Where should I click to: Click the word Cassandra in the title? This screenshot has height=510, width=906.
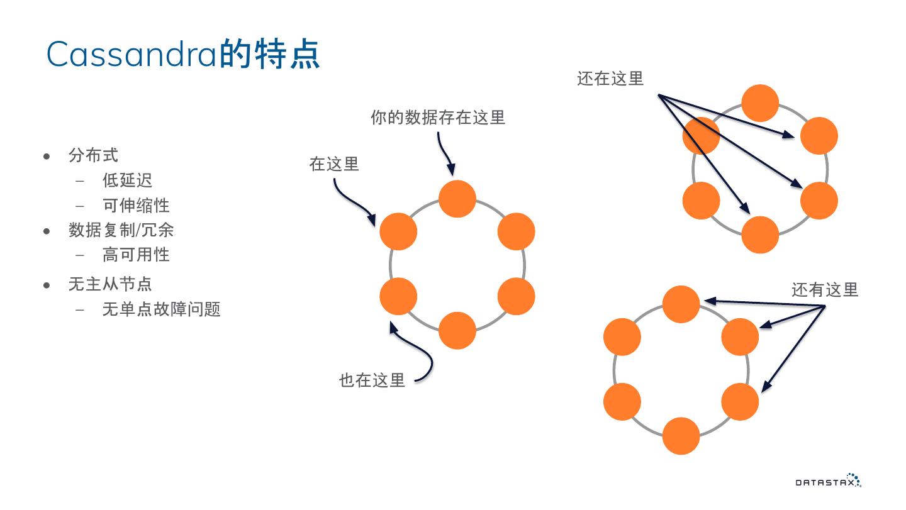tap(132, 54)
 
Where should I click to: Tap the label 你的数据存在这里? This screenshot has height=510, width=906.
tap(438, 118)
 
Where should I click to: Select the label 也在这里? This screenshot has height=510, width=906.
tap(372, 380)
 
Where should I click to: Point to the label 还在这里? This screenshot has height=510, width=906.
tap(610, 79)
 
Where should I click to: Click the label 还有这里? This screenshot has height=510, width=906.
tap(824, 290)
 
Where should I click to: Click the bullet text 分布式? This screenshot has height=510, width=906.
tap(93, 155)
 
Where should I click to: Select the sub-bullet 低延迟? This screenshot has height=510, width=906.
tap(127, 180)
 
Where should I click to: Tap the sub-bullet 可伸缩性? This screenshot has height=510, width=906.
tap(136, 206)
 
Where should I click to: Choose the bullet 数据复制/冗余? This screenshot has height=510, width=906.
tap(121, 230)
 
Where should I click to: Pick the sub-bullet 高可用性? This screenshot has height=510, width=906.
tap(136, 255)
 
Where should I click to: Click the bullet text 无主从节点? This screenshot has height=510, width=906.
tap(110, 284)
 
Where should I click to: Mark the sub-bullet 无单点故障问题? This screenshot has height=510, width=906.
tap(161, 309)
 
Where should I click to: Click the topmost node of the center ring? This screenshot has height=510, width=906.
tap(457, 199)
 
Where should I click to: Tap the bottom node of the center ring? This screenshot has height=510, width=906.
tap(457, 330)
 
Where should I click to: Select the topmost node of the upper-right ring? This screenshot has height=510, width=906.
tap(760, 103)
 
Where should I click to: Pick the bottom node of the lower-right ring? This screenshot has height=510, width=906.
tap(681, 435)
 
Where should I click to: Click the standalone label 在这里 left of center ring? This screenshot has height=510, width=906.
tap(334, 164)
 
